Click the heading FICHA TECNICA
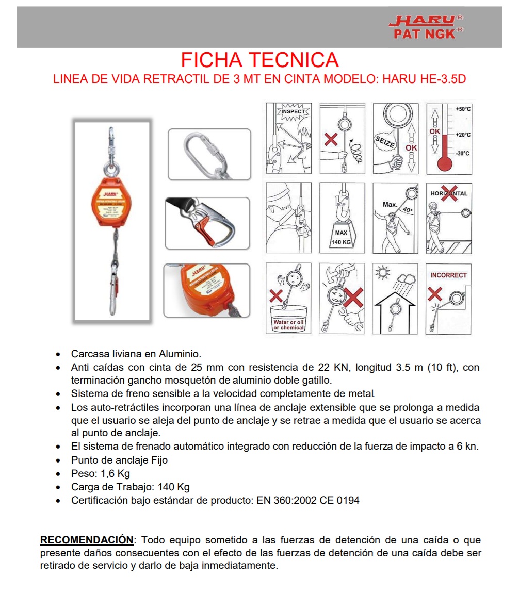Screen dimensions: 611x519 pyautogui.click(x=259, y=60)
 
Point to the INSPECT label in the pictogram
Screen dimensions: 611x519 pyautogui.click(x=293, y=111)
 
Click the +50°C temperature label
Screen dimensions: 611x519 pyautogui.click(x=463, y=109)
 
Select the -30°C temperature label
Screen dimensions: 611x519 pyautogui.click(x=463, y=154)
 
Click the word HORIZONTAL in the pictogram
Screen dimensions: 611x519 pyautogui.click(x=449, y=193)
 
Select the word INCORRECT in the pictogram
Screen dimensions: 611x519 pyautogui.click(x=448, y=275)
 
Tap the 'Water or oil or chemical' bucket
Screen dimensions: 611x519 pyautogui.click(x=289, y=320)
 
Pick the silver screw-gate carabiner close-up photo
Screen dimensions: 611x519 pyautogui.click(x=209, y=154)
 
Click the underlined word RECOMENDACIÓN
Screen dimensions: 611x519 pyautogui.click(x=87, y=540)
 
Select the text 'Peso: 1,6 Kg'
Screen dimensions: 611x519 pyautogui.click(x=101, y=473)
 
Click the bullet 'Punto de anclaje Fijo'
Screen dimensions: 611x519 pyautogui.click(x=119, y=460)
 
